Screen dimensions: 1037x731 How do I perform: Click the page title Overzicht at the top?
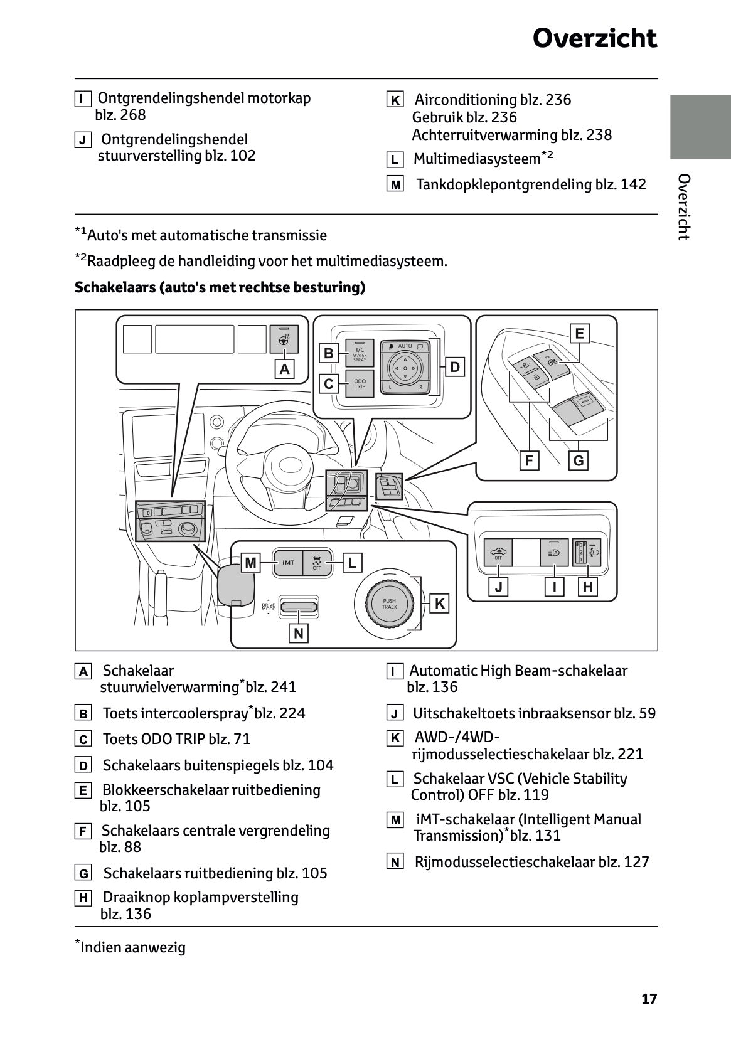click(x=594, y=39)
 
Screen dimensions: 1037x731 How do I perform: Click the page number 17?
click(x=649, y=999)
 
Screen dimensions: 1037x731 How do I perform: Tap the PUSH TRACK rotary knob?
click(x=389, y=604)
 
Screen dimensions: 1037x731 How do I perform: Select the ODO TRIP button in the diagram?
click(x=360, y=384)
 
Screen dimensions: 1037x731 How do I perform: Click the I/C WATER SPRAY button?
click(x=360, y=354)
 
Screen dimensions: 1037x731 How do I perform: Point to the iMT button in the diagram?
click(x=288, y=563)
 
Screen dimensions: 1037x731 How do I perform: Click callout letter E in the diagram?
click(x=579, y=334)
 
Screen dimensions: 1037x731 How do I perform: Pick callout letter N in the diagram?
click(x=298, y=634)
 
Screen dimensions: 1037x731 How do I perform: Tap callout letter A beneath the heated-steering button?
click(x=285, y=370)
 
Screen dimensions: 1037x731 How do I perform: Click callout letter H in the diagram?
click(x=587, y=587)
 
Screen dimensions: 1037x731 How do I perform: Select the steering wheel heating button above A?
click(x=284, y=339)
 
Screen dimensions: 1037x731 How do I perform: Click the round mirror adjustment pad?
click(x=405, y=367)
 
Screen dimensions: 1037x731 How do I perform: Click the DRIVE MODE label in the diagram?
click(x=268, y=606)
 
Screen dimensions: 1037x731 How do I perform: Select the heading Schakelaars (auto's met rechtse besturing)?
click(x=220, y=287)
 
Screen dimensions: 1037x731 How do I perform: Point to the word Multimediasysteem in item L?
click(x=476, y=159)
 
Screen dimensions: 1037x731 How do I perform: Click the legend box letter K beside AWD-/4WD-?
click(x=395, y=738)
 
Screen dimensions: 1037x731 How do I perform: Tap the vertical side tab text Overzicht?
click(x=684, y=207)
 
